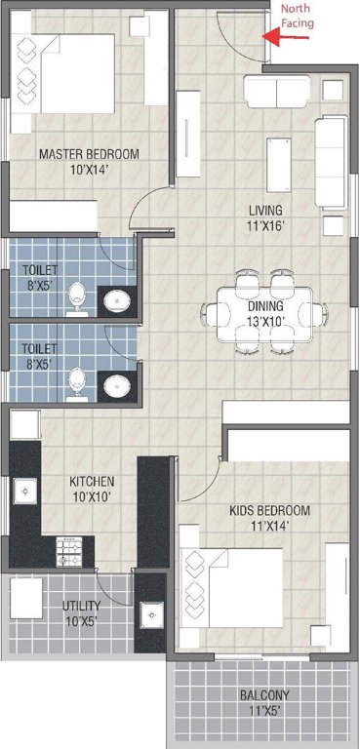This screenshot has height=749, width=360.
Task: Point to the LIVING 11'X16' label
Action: coord(264,217)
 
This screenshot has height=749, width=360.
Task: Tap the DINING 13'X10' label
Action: coord(264,312)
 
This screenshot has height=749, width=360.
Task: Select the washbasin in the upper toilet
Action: coord(118,300)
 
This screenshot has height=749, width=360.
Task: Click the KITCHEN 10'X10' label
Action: coord(92,489)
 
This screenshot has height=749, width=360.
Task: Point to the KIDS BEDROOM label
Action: coord(269,518)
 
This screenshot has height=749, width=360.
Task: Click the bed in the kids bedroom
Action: coord(232,589)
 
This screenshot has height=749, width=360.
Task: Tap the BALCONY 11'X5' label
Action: coord(263,702)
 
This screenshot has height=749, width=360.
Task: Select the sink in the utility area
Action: coord(151,615)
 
